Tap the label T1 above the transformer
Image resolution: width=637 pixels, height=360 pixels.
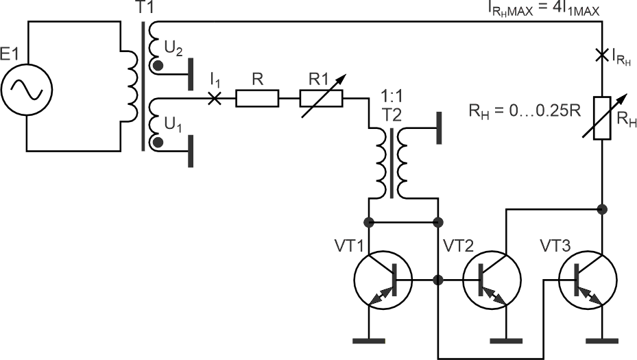tap(145, 8)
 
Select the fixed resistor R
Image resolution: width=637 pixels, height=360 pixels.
tap(257, 98)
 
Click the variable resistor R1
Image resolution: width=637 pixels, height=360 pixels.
tap(322, 98)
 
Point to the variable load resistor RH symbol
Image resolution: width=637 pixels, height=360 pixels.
tap(602, 118)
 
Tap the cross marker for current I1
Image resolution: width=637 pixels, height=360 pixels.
tap(214, 98)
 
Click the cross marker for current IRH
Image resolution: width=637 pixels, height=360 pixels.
tap(602, 55)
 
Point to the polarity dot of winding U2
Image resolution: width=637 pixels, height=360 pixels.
tap(158, 65)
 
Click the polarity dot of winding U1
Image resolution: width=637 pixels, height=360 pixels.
tap(158, 142)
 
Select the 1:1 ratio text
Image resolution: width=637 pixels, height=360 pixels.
tap(392, 97)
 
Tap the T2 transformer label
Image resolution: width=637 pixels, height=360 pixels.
tap(392, 115)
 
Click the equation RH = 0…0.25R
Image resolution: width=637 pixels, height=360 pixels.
tap(525, 111)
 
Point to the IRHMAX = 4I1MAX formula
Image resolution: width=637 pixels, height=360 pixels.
tap(544, 9)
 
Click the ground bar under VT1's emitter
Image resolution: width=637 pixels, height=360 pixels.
tap(368, 341)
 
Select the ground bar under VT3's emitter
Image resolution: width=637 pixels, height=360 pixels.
tap(602, 341)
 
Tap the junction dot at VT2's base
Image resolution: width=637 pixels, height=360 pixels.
tap(438, 280)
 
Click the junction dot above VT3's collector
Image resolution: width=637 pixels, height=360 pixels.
tap(602, 209)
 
